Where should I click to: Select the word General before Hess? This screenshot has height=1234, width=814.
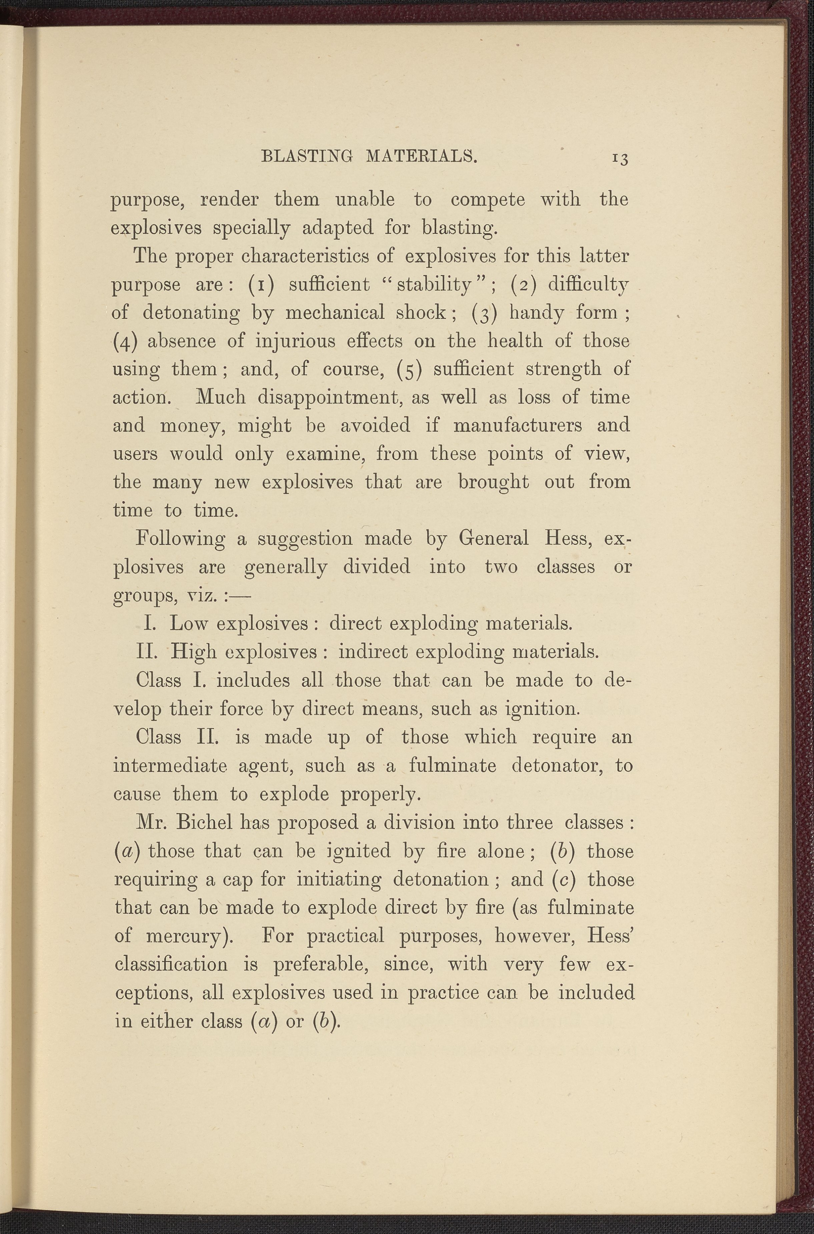point(494,538)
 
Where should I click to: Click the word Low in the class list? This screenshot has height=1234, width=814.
point(188,623)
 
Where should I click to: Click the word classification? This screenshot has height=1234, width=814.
point(170,965)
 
